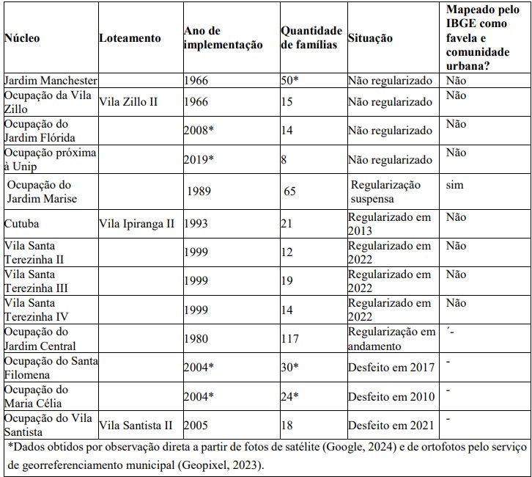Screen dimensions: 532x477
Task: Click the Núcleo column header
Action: point(22,37)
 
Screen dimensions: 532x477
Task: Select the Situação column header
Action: point(370,37)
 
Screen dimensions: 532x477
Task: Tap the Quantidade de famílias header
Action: point(311,37)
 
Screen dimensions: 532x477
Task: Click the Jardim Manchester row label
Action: point(51,81)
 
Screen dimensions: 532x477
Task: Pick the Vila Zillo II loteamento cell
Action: point(128,101)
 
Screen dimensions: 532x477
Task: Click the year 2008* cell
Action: point(199,130)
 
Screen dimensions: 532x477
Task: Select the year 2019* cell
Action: point(199,159)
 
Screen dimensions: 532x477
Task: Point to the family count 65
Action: point(289,191)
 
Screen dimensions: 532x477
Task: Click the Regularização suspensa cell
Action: point(385,192)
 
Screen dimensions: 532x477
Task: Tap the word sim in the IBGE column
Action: point(454,185)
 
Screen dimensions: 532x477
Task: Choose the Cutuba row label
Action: point(21,224)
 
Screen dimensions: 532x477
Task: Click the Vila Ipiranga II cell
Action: point(137,224)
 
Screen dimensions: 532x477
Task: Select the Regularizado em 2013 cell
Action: point(390,224)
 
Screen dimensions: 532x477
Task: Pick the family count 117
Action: point(289,339)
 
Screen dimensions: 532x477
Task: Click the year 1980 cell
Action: point(196,339)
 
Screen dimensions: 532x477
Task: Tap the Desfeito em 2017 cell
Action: point(391,367)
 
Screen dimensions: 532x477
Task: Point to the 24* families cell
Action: point(289,396)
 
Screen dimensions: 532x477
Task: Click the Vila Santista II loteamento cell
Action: point(136,426)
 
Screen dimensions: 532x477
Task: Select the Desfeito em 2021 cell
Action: point(391,426)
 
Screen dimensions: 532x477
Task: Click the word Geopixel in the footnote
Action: point(202,465)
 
